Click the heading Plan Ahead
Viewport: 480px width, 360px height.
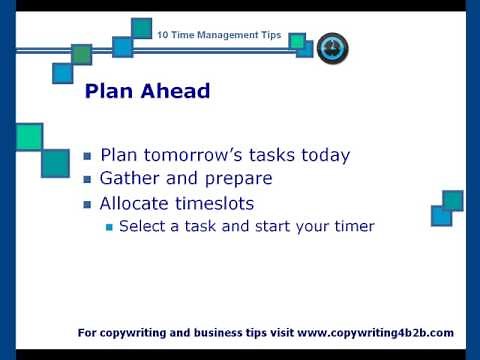click(147, 91)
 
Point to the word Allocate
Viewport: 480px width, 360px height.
click(134, 203)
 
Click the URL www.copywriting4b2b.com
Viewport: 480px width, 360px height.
click(375, 332)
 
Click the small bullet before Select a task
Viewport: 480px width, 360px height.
click(109, 228)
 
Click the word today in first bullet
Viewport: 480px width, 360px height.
click(325, 155)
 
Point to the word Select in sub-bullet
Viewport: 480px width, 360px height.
click(140, 227)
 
